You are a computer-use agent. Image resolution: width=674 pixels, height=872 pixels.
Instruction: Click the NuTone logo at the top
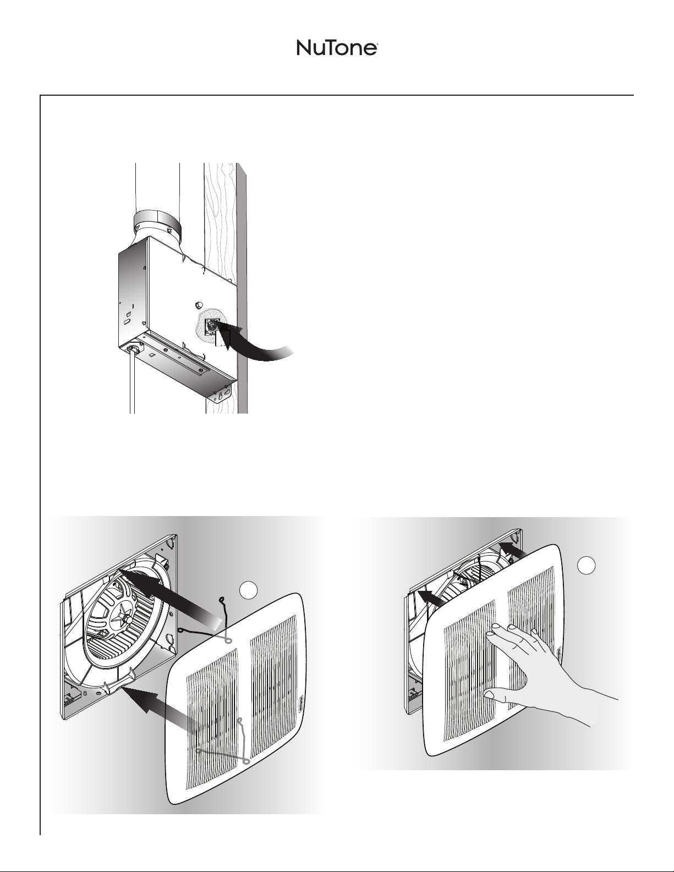click(x=337, y=48)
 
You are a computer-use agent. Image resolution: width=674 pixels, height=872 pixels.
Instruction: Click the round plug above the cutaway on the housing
click(x=199, y=304)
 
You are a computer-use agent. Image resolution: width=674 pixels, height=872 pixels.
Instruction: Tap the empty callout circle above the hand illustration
click(x=586, y=565)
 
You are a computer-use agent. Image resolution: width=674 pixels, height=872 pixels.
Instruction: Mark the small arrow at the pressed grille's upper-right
click(x=513, y=550)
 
